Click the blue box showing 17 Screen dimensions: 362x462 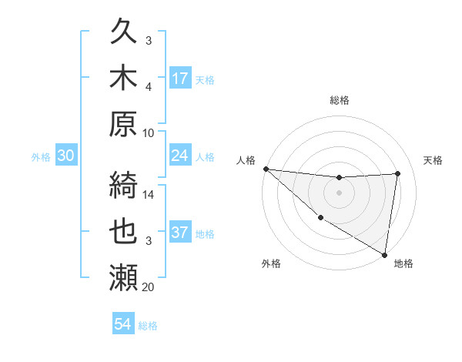180,79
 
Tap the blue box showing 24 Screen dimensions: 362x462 180,156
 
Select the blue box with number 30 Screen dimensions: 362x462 66,156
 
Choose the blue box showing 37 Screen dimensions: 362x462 180,233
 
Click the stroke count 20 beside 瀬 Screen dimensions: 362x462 149,287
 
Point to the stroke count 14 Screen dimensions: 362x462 149,195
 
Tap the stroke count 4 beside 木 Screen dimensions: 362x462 149,87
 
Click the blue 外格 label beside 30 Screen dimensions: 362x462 41,157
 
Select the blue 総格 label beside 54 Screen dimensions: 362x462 148,326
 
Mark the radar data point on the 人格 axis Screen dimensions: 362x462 266,169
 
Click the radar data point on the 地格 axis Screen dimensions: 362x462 384,254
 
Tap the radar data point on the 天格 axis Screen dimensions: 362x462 397,173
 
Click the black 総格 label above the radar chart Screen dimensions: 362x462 339,100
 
